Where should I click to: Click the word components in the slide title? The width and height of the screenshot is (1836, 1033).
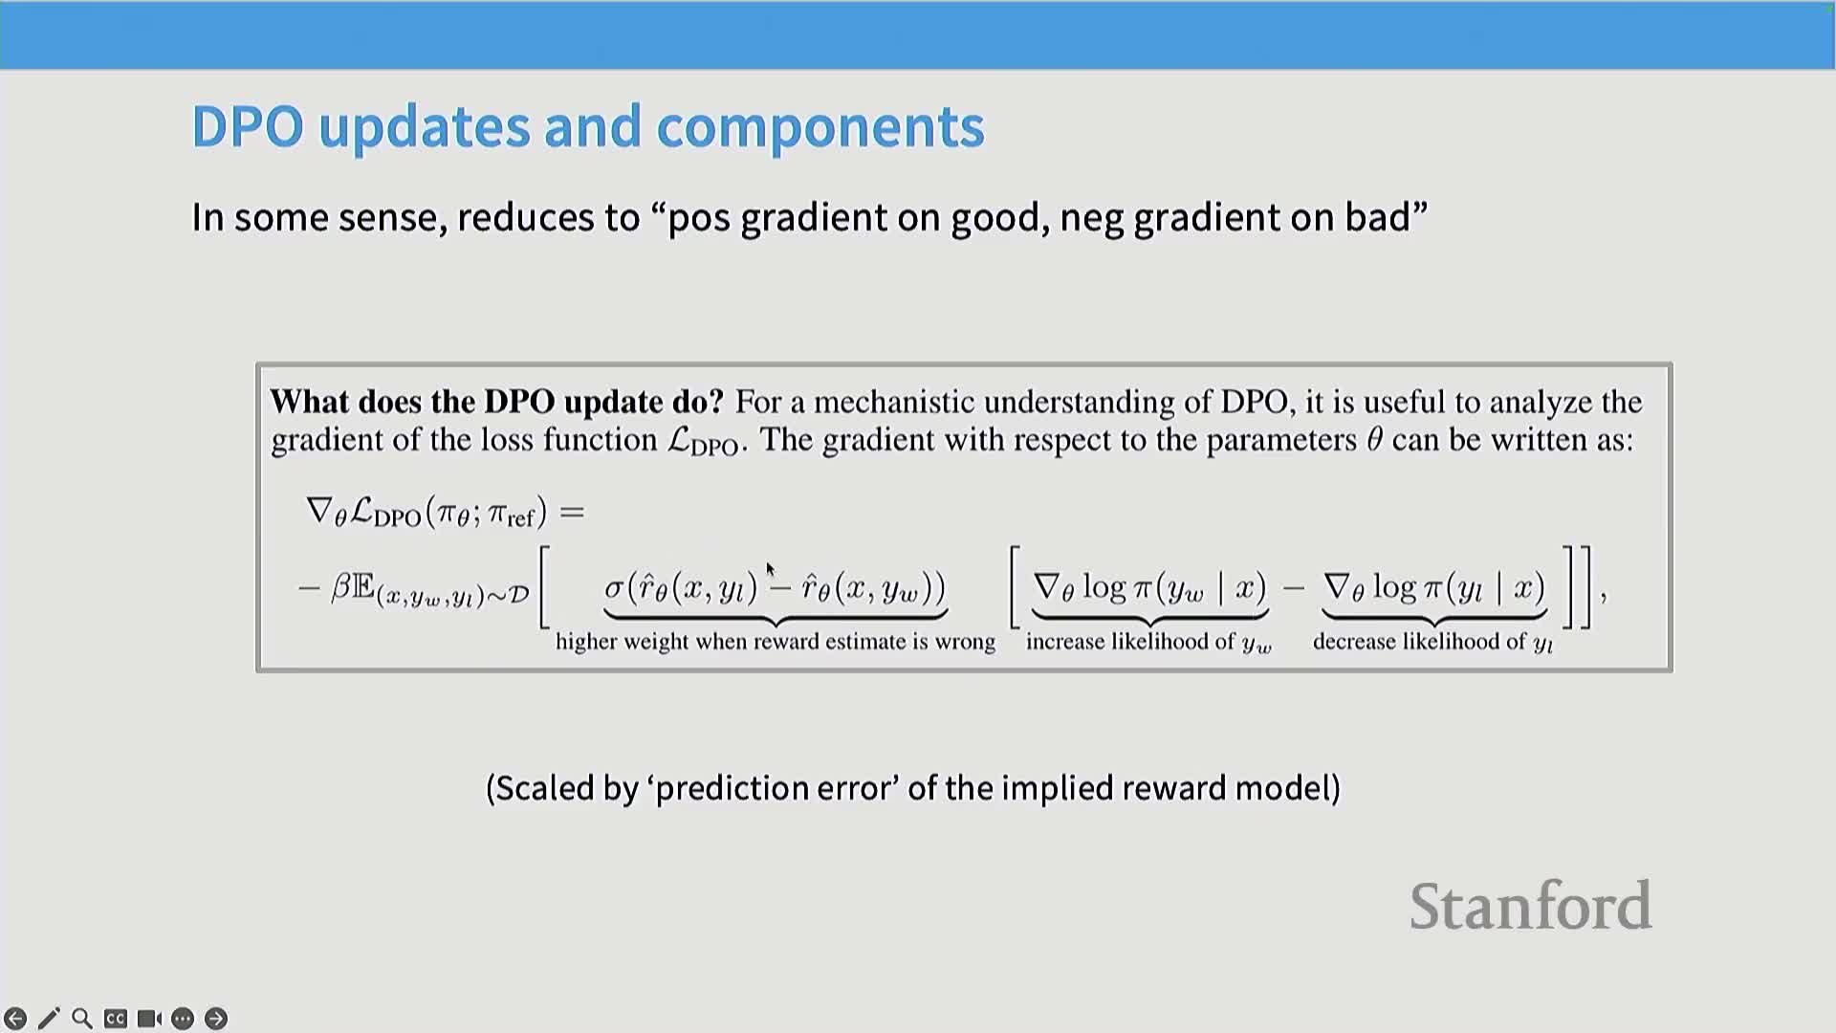click(820, 127)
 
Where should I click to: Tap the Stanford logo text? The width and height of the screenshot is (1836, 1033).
click(1530, 906)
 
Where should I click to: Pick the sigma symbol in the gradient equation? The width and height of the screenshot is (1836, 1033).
click(614, 586)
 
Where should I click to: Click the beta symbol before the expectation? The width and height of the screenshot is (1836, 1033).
click(340, 587)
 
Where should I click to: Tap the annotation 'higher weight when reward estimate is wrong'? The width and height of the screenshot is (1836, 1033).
click(776, 642)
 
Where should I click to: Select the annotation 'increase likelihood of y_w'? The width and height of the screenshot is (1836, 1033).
click(1148, 643)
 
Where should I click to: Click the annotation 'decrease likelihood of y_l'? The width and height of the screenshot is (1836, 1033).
click(1432, 643)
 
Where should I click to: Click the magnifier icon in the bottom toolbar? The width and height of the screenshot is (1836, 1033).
click(82, 1019)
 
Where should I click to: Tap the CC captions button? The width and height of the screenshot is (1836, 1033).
click(116, 1019)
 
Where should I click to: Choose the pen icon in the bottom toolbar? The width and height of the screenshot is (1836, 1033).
click(49, 1019)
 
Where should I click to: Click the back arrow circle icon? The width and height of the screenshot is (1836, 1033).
click(15, 1019)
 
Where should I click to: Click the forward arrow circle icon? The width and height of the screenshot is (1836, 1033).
click(216, 1019)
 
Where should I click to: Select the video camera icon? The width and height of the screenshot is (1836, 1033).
click(149, 1019)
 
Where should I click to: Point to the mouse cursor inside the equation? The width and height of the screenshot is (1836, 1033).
click(771, 570)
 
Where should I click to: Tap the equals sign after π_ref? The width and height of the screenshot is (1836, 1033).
click(572, 514)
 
